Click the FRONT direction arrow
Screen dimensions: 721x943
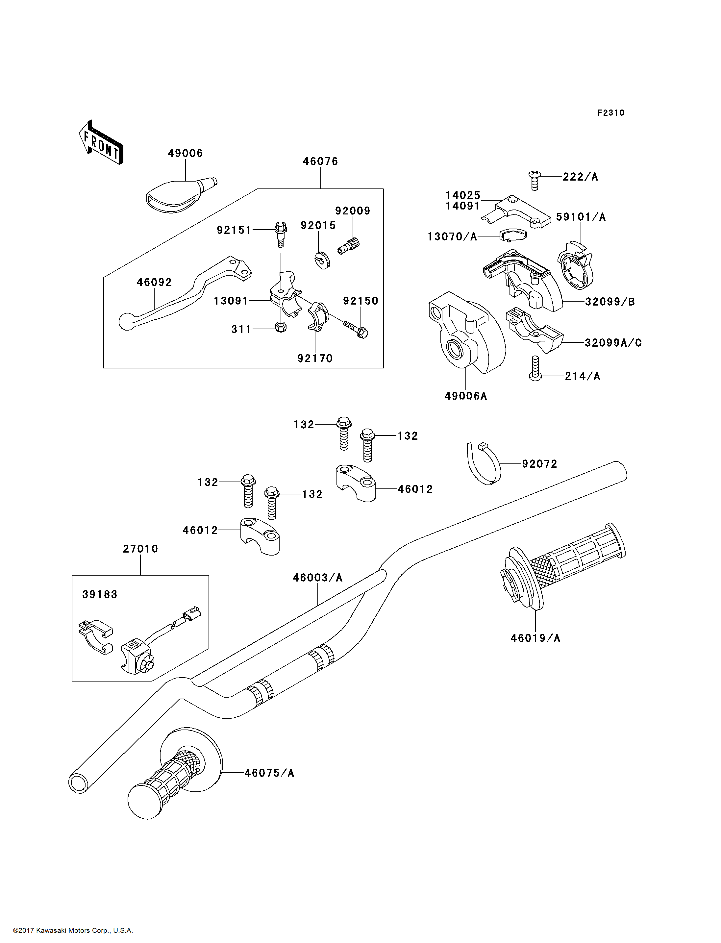[101, 142]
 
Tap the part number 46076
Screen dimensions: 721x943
[320, 161]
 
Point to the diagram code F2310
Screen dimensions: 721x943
[611, 113]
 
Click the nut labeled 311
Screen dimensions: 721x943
[281, 327]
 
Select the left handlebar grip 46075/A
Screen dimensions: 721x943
[175, 773]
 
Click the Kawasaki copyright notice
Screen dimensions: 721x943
[73, 931]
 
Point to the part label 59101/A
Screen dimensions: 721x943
[581, 217]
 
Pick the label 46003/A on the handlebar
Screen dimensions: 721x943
[318, 578]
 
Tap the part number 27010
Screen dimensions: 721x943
[140, 549]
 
